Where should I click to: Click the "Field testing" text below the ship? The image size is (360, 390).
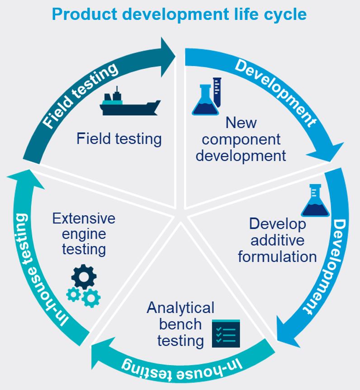pos(119,138)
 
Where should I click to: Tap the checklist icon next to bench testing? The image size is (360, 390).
pos(226,334)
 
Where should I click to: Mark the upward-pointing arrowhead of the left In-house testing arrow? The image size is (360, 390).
pos(23,177)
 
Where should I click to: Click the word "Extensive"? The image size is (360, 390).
pos(84,219)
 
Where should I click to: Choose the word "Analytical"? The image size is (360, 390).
pos(180,308)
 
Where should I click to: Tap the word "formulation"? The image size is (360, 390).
pos(277,257)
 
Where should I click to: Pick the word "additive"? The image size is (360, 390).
pos(277,240)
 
